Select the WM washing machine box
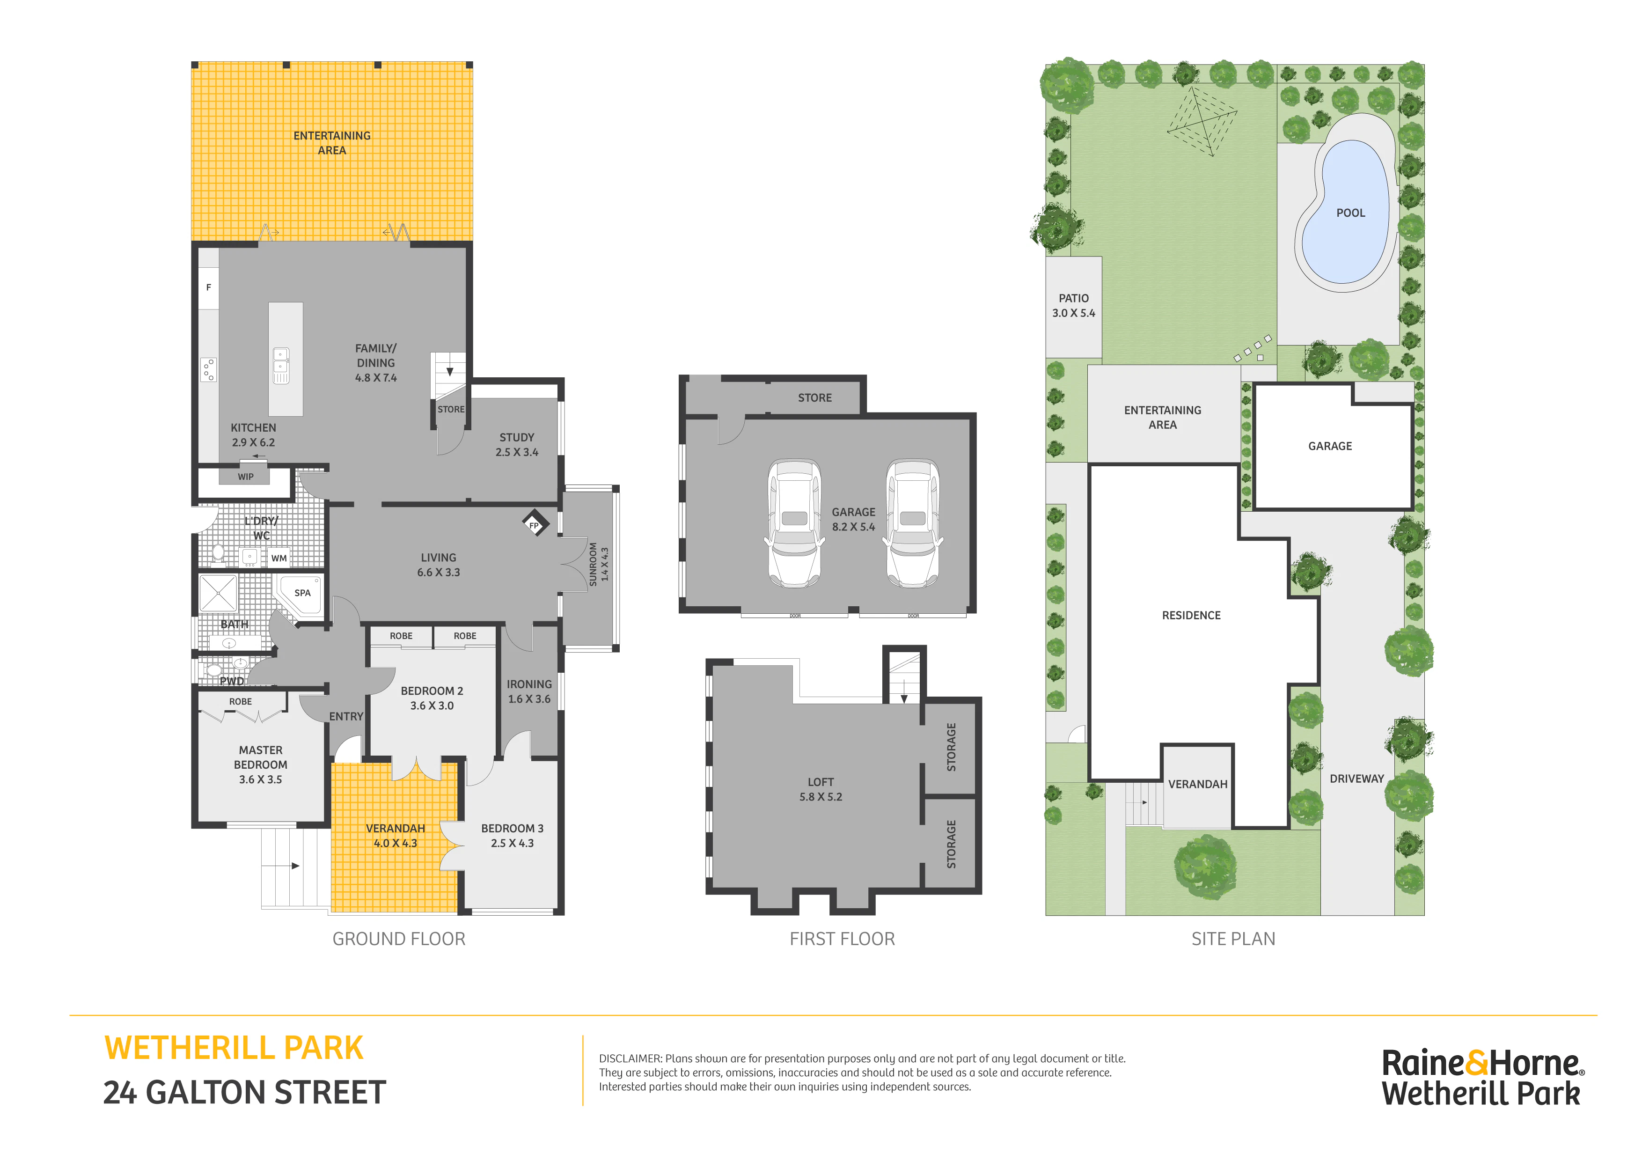point(279,558)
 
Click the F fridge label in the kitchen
point(209,287)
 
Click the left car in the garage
point(794,523)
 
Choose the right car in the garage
point(913,523)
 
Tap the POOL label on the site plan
point(1350,213)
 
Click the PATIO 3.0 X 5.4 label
point(1073,305)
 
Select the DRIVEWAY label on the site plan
point(1356,779)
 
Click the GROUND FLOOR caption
point(399,939)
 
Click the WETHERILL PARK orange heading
point(234,1048)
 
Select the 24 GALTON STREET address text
point(245,1092)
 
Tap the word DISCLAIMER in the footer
point(630,1058)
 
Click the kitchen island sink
point(281,365)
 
